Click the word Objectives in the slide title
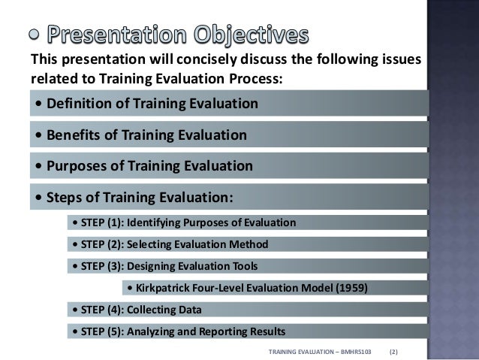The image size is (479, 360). (x=249, y=35)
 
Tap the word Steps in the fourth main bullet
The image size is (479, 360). (x=64, y=198)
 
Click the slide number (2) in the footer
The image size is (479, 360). (x=393, y=351)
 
